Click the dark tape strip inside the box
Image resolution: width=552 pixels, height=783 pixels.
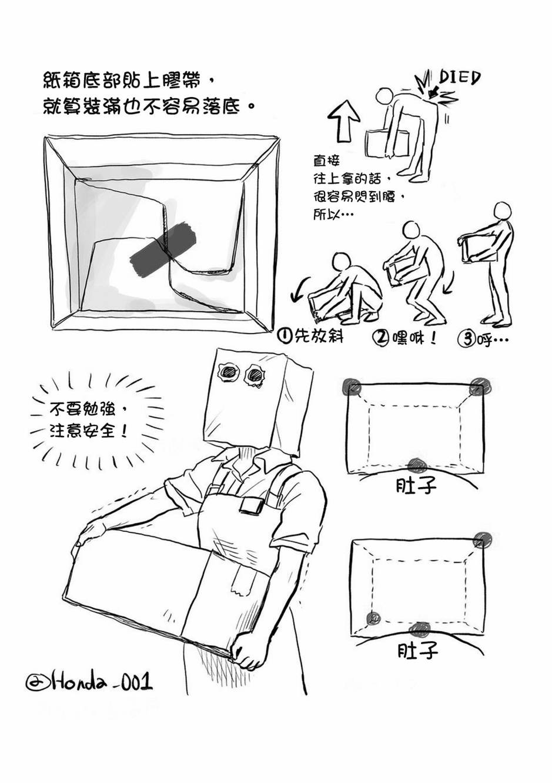click(x=163, y=248)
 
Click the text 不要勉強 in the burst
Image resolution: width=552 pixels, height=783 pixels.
click(x=82, y=409)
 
